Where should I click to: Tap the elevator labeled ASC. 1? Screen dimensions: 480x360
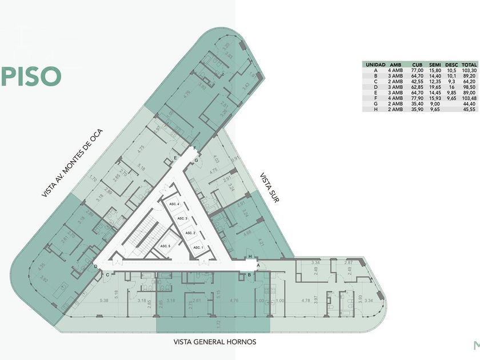click(x=198, y=247)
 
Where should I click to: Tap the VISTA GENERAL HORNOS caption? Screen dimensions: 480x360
click(x=215, y=342)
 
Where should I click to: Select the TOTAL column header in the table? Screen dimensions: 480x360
click(x=469, y=65)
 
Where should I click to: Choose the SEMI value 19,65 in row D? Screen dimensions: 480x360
click(x=435, y=87)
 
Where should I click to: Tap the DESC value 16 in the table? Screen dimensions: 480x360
click(x=452, y=87)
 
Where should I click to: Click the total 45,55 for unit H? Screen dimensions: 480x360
click(x=470, y=110)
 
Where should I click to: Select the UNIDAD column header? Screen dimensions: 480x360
click(x=375, y=65)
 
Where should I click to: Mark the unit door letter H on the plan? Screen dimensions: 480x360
click(x=250, y=258)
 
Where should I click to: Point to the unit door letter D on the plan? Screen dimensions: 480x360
click(x=95, y=267)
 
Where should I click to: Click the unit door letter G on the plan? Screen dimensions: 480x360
click(x=197, y=161)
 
